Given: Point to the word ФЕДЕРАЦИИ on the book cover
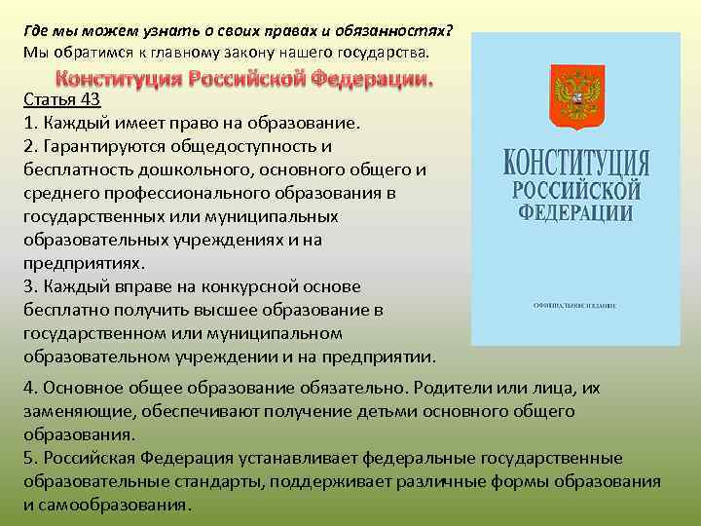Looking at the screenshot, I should point(576,211).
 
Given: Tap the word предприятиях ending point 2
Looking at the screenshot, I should point(82,263).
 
